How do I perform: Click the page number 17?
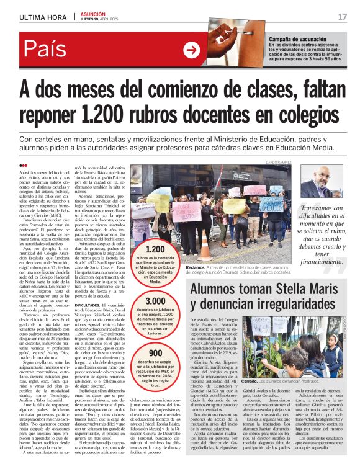[x=343, y=17]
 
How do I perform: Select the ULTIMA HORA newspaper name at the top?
[x=40, y=17]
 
